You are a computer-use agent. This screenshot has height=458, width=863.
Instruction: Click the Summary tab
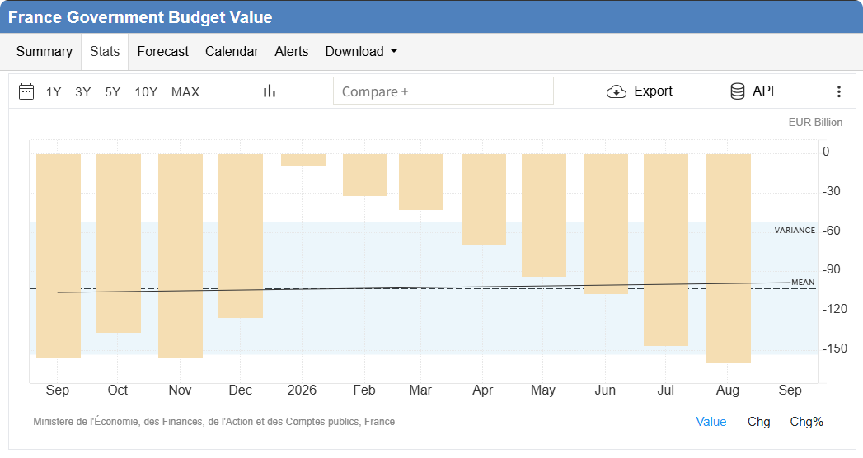44,52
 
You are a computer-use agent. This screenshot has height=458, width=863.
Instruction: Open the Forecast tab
163,52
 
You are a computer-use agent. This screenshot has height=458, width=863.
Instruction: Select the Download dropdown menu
361,52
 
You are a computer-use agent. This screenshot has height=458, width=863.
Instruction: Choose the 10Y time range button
146,91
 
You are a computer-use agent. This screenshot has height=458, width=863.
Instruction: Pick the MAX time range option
185,91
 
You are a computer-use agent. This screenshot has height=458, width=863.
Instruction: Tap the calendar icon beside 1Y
26,91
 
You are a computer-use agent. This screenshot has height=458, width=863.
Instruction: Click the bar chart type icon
270,91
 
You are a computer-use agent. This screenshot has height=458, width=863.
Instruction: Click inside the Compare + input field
443,91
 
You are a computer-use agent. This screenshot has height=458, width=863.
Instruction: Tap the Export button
640,91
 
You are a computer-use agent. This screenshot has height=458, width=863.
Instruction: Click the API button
752,91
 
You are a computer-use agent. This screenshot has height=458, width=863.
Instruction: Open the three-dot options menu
839,91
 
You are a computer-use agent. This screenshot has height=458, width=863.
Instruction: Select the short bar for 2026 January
303,160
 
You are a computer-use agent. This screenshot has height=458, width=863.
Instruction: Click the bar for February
365,175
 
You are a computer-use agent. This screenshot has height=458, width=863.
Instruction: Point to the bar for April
484,199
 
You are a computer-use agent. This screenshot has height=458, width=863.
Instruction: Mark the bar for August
729,259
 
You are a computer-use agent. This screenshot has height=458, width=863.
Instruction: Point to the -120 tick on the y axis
835,309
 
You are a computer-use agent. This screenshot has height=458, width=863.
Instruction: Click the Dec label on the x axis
241,390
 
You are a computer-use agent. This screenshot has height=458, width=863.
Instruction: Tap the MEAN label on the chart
803,282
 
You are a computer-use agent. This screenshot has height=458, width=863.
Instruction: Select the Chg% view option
806,422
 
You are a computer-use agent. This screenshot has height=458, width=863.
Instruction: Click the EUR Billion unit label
815,122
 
